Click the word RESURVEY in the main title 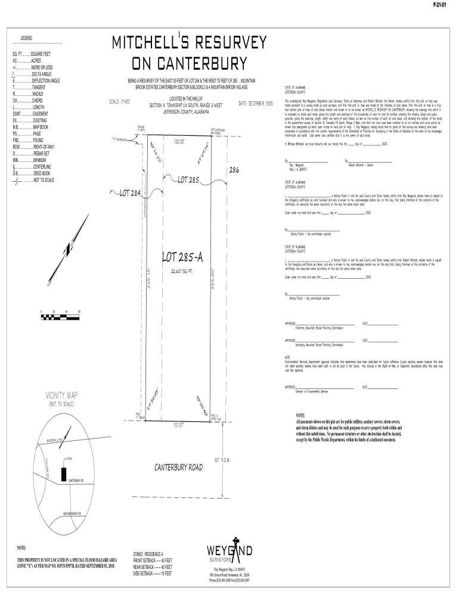coord(224,43)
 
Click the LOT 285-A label coord(184,257)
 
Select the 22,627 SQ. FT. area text coord(184,271)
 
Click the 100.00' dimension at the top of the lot coord(179,142)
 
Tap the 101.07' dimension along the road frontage coord(178,425)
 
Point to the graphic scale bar coord(60,315)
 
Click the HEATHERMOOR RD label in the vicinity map coord(71,513)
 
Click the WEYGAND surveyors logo coord(229,550)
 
